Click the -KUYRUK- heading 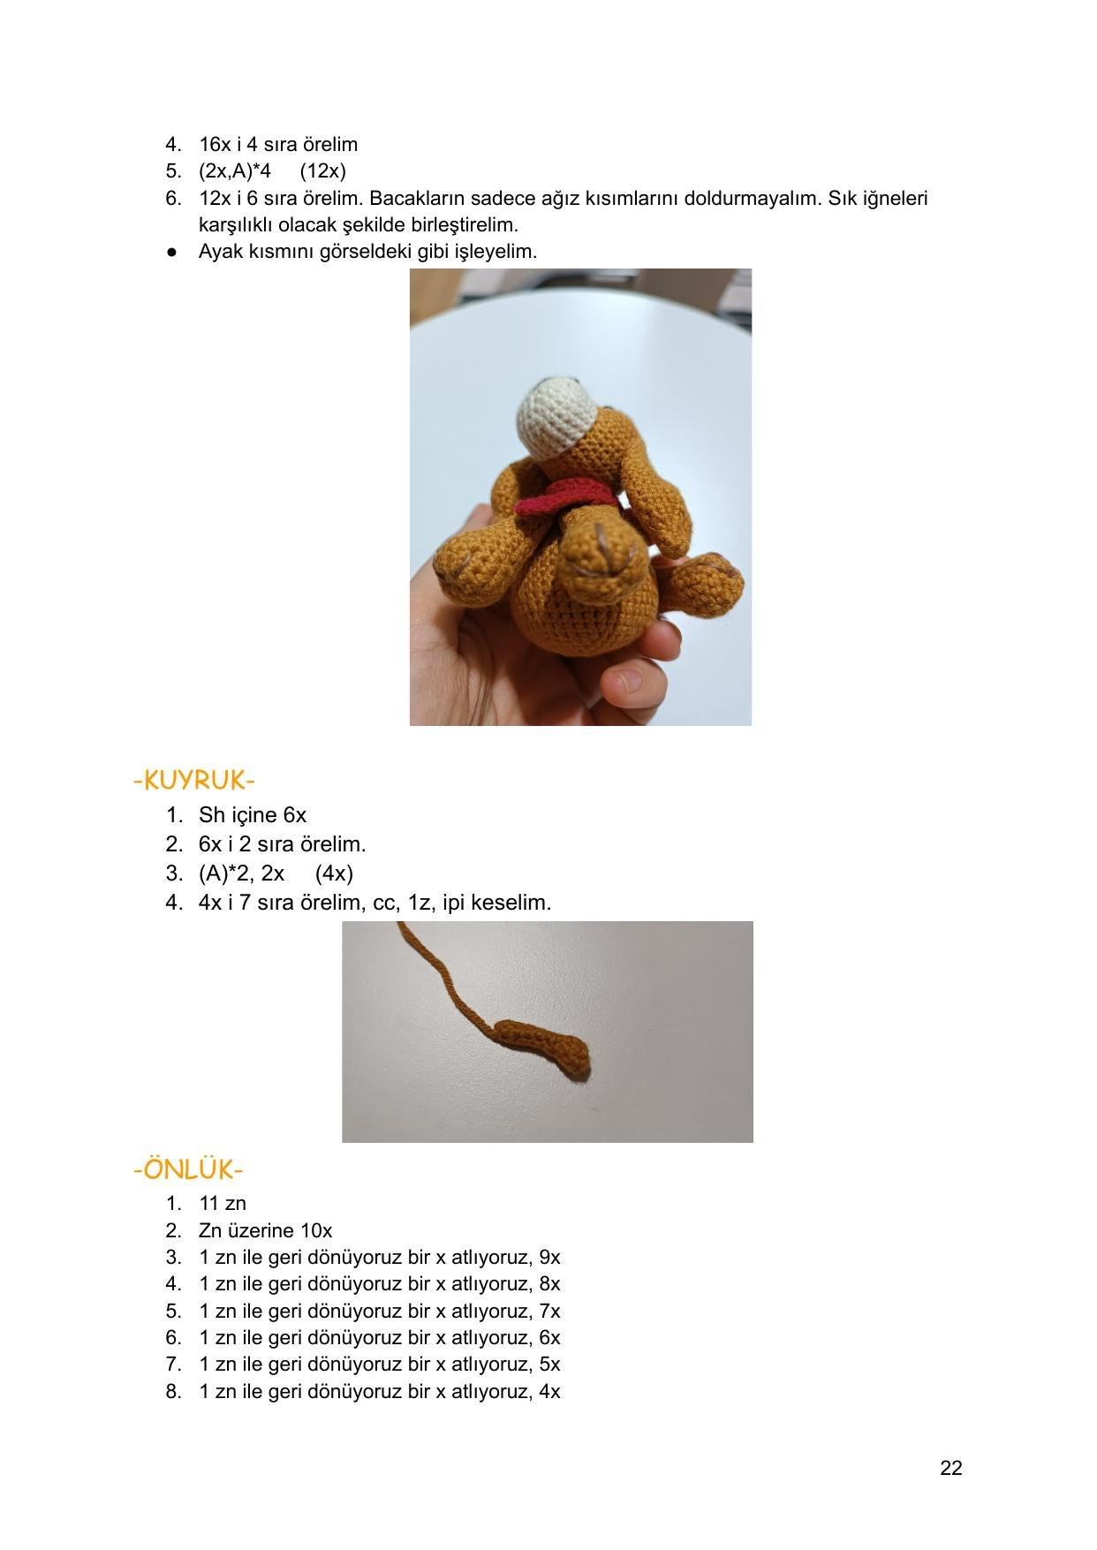tap(194, 781)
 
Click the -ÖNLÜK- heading tap(188, 1169)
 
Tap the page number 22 tap(950, 1468)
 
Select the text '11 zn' tap(223, 1203)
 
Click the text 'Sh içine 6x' tap(253, 815)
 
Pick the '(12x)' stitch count tap(323, 171)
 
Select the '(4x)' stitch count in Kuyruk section tap(334, 873)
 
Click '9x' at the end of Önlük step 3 tap(549, 1257)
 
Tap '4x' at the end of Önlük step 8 tap(549, 1392)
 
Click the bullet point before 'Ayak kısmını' tap(172, 252)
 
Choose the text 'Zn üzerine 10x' tap(266, 1230)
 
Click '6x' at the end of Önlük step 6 tap(549, 1338)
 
